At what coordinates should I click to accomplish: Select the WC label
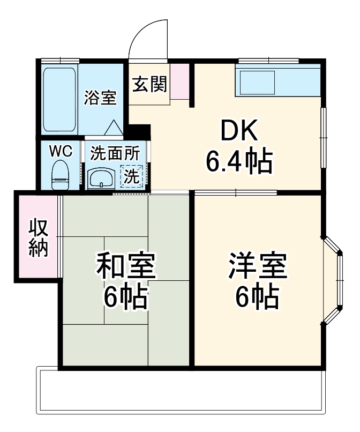click(x=61, y=151)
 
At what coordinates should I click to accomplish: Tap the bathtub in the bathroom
click(x=59, y=100)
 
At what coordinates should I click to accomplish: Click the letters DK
click(x=239, y=130)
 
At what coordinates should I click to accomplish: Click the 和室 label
click(x=126, y=266)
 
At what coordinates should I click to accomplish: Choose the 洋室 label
click(x=258, y=266)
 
